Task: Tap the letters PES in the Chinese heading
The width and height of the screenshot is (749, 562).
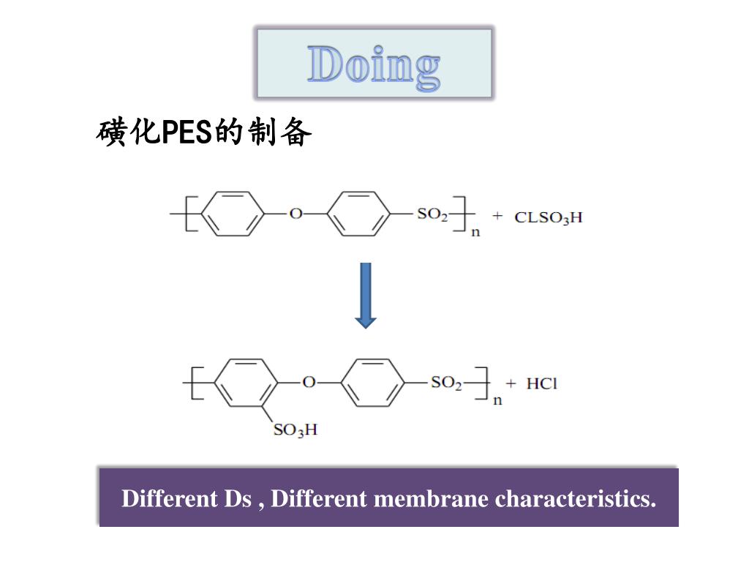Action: [185, 133]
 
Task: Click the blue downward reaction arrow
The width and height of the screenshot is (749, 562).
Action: [366, 295]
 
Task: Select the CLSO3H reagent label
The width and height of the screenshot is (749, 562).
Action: [549, 217]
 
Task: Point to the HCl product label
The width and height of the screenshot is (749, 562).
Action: [542, 383]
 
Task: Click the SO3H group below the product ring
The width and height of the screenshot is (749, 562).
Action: [296, 430]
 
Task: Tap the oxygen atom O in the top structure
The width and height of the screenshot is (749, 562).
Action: [296, 214]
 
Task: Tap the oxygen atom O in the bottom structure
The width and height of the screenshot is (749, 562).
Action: [309, 382]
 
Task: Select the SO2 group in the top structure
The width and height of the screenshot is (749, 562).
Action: [432, 214]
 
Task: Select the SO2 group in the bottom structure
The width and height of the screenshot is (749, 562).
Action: [446, 383]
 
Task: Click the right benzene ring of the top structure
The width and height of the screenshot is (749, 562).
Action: [358, 214]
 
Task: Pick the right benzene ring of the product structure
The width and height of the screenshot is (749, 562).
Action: [372, 382]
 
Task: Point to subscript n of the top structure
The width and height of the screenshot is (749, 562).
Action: [475, 233]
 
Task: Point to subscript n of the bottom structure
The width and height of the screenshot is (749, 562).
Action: [497, 400]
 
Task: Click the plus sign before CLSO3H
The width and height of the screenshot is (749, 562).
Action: [498, 217]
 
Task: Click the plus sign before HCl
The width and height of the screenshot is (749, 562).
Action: [511, 383]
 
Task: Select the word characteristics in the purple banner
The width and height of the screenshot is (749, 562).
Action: [576, 499]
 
